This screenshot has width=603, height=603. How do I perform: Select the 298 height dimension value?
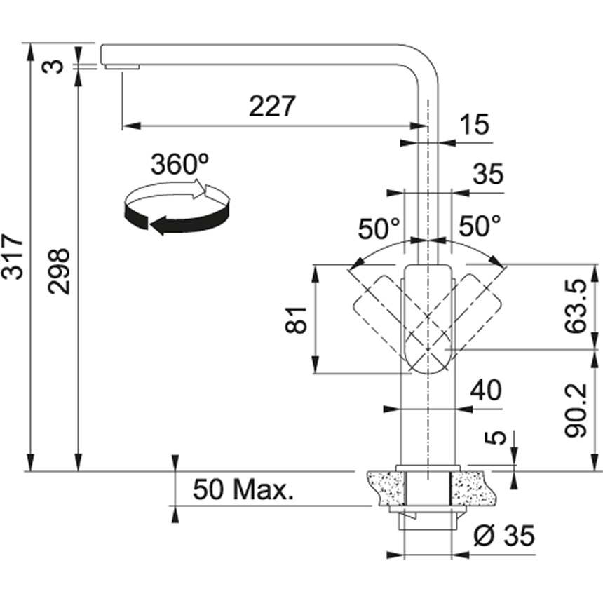pos(61,270)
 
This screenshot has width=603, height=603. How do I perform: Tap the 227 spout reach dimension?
pos(273,106)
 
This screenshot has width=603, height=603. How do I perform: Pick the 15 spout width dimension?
pos(475,126)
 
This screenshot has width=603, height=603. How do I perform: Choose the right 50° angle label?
pos(480,226)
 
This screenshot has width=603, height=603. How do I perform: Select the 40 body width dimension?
pos(486,390)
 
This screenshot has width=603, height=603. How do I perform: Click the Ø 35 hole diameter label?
pos(503,536)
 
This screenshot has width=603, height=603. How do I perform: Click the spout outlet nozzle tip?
pos(122,66)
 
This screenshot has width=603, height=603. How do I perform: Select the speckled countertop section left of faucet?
pos(385,488)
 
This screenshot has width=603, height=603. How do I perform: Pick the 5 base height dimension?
pos(496,437)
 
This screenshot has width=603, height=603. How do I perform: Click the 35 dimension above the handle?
pos(487,175)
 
